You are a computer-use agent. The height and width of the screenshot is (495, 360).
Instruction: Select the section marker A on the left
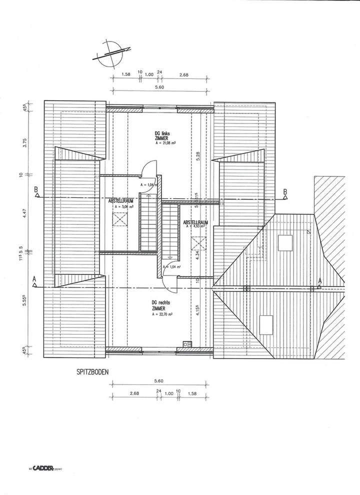34,281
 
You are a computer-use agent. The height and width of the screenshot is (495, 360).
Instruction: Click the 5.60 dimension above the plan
159,87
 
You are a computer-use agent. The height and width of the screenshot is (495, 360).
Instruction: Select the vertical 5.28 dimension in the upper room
198,156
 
